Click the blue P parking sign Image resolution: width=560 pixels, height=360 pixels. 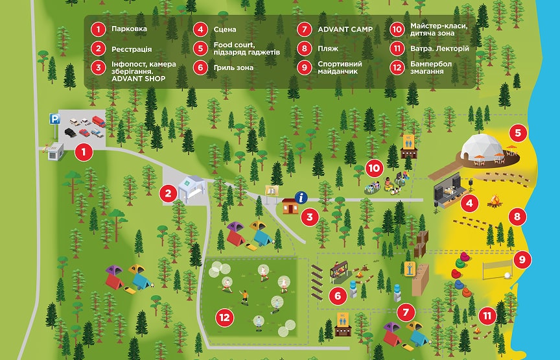coord(55,119)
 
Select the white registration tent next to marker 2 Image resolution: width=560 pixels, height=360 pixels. coord(191,188)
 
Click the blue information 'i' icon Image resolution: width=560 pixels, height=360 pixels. coord(300,198)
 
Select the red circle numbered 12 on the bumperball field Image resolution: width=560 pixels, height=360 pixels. coord(225,317)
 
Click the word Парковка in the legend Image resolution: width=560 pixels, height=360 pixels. coord(129,29)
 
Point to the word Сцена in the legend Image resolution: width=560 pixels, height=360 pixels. coord(225,29)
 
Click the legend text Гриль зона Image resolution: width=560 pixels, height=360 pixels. coord(233,67)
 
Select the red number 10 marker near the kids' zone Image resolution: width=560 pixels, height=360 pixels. coord(374,167)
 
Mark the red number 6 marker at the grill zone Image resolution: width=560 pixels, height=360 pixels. coord(338,296)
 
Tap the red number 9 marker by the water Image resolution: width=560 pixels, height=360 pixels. coord(522,260)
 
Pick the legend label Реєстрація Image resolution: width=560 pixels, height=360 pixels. coord(132,48)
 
